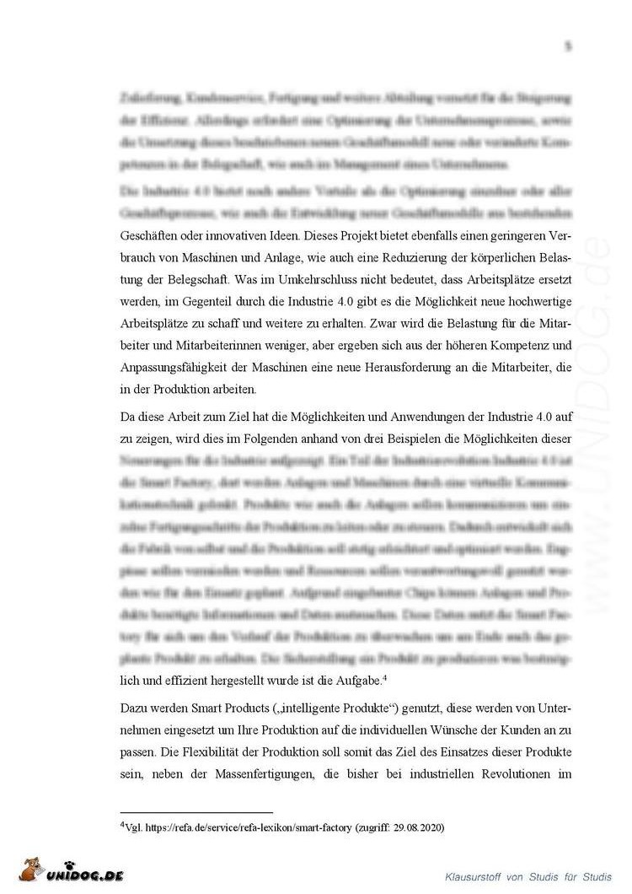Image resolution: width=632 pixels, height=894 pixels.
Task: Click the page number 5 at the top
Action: click(x=568, y=47)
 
